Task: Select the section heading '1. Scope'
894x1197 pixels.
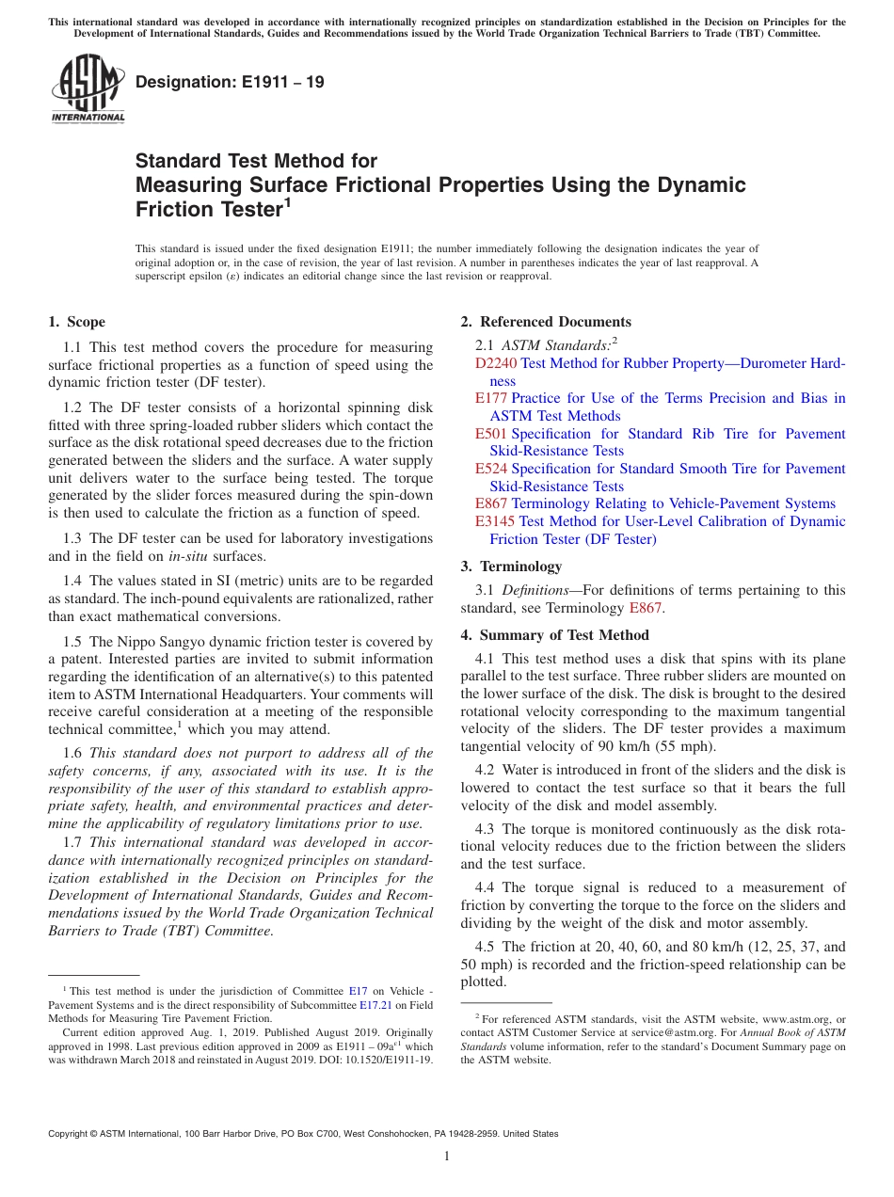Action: tap(77, 322)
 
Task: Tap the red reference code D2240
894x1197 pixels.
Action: tap(496, 363)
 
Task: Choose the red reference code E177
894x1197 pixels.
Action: tap(491, 398)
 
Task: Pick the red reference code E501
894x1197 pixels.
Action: tap(491, 434)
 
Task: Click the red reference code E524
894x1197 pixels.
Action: tap(491, 469)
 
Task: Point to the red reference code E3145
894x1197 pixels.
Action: tap(495, 521)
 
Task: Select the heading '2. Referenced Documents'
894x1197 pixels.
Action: tap(546, 322)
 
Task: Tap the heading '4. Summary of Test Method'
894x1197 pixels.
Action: tap(554, 634)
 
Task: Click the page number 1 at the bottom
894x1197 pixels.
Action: tap(447, 1156)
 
